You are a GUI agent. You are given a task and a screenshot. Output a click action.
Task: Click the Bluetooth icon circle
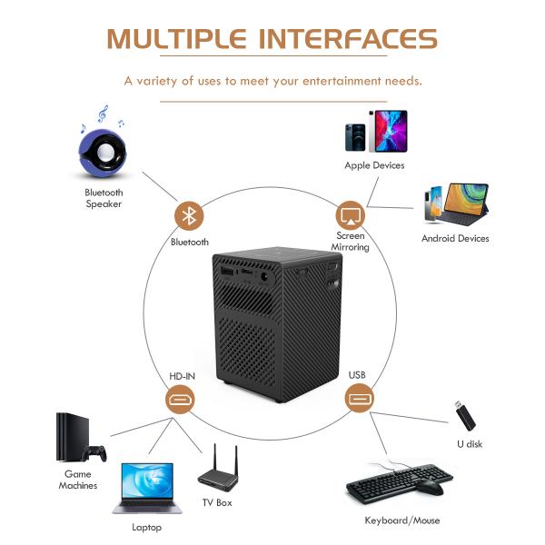[189, 216]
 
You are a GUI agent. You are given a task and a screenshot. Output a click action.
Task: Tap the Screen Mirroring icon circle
[350, 216]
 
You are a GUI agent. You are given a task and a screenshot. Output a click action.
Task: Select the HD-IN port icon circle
[178, 400]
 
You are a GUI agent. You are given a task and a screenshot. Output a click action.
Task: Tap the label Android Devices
[455, 239]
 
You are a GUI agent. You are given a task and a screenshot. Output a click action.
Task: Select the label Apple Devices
[374, 165]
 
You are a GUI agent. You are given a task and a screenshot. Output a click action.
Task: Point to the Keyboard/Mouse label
[401, 520]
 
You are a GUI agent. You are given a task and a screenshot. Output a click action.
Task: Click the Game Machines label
[78, 480]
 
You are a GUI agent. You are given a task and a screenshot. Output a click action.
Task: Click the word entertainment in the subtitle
[327, 81]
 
